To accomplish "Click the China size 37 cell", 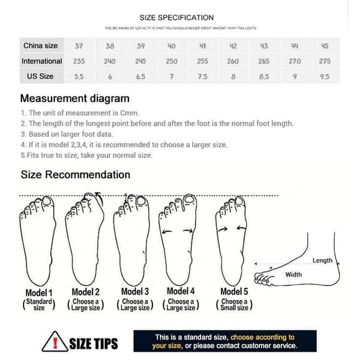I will [79, 46].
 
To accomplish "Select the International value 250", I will [172, 61].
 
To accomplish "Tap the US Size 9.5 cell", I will [325, 76].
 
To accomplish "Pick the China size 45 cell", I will [325, 46].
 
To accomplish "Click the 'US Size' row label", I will [40, 76].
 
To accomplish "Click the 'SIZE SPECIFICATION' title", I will [176, 18].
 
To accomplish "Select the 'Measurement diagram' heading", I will [75, 98].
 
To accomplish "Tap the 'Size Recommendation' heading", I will [76, 175].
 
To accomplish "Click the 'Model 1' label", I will [39, 292].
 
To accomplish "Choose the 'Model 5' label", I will [233, 292].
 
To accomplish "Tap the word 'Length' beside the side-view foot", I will [322, 260].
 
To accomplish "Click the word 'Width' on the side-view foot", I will [293, 274].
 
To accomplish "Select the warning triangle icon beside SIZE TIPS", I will [54, 341].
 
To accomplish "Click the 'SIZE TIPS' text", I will [94, 344].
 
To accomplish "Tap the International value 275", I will [325, 61].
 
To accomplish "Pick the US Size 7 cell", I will [172, 76].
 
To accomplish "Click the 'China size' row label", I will [40, 46].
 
